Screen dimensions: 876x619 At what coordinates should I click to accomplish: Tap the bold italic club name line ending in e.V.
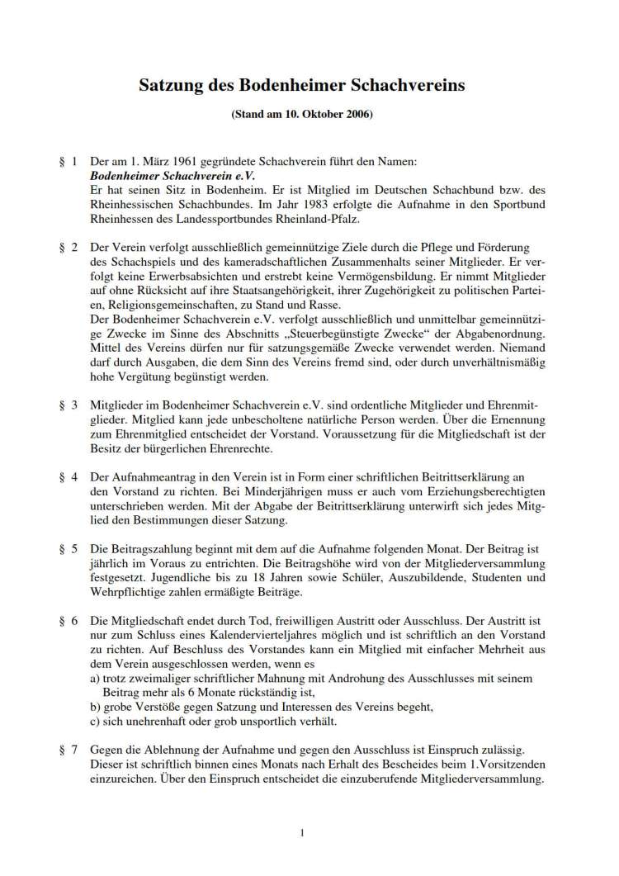pos(173,177)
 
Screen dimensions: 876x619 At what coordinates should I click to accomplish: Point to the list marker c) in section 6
pos(96,722)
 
